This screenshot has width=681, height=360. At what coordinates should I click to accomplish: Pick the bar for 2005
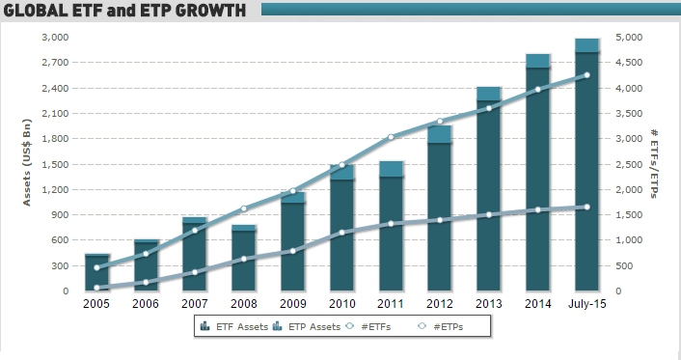point(96,273)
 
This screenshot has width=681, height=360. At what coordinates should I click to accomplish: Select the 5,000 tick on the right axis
point(626,37)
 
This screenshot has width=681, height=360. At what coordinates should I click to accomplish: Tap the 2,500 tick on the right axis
point(626,164)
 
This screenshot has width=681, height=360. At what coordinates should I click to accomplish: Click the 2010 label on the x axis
point(341,304)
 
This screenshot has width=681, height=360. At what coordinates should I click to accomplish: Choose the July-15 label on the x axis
point(587,304)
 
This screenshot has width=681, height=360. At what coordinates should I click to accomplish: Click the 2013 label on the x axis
point(489,304)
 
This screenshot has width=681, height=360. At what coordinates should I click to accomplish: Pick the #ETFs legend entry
point(372,327)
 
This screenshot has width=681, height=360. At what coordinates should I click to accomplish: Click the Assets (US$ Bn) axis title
point(27,163)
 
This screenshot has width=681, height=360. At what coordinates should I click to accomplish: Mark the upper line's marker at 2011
point(391,137)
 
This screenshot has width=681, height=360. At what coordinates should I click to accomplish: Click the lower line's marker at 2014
point(538,209)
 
